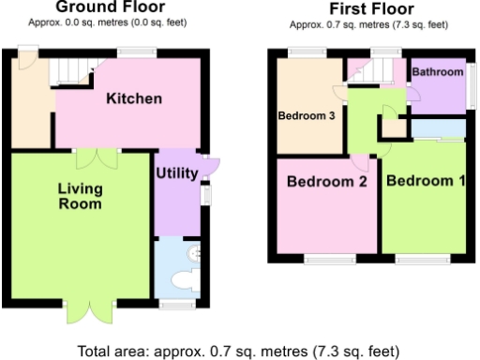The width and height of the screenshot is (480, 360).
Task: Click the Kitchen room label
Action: click(x=134, y=98)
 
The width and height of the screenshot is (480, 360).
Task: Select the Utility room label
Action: click(x=175, y=173)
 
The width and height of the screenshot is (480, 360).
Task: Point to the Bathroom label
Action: click(x=438, y=73)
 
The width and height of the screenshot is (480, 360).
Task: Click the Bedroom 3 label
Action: click(x=307, y=117)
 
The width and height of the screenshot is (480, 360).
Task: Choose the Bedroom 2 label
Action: click(x=325, y=181)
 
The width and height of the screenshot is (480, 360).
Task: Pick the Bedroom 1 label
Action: click(x=426, y=181)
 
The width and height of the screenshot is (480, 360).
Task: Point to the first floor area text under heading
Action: click(x=367, y=25)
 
